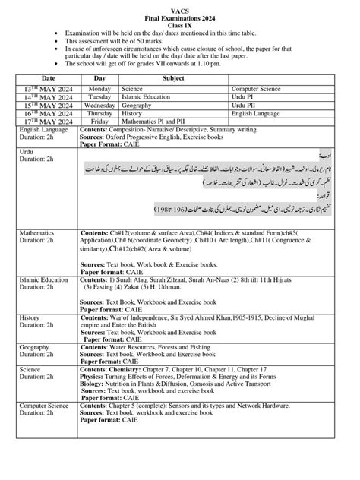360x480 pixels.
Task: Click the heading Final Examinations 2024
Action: click(180, 17)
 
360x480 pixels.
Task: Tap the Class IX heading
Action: click(180, 25)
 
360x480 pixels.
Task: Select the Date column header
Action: click(49, 78)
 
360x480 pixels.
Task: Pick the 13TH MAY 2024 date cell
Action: click(48, 90)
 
